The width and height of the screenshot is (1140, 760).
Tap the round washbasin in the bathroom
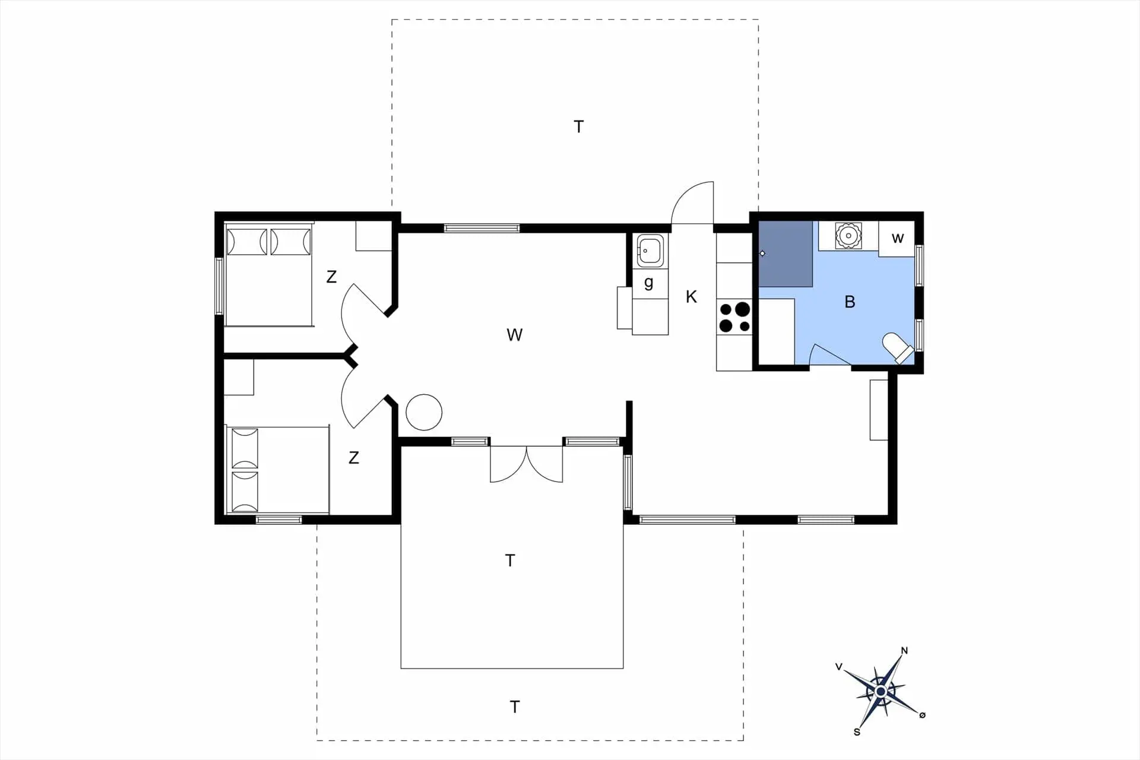[848, 236]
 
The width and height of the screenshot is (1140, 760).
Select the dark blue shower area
[786, 254]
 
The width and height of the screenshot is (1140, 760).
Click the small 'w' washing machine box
[897, 239]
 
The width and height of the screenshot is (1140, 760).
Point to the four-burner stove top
[734, 317]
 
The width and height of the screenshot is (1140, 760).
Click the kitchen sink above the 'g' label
[650, 251]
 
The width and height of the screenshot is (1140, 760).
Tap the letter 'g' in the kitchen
[649, 283]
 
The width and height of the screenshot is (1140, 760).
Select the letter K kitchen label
[691, 297]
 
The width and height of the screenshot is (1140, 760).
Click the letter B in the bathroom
[850, 302]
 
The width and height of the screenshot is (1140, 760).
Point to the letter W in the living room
[515, 335]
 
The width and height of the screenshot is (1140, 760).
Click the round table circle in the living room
[424, 412]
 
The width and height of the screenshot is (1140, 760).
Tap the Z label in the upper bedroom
[331, 276]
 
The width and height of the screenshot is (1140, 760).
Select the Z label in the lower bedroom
[354, 457]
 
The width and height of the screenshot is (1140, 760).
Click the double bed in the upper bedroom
[269, 274]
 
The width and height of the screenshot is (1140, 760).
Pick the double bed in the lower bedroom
[277, 470]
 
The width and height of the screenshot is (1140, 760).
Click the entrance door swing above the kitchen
[692, 202]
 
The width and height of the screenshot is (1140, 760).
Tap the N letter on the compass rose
[904, 651]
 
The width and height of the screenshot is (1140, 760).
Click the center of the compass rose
[881, 692]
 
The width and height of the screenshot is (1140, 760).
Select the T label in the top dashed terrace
[579, 126]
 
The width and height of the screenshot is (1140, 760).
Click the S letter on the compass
[857, 732]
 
